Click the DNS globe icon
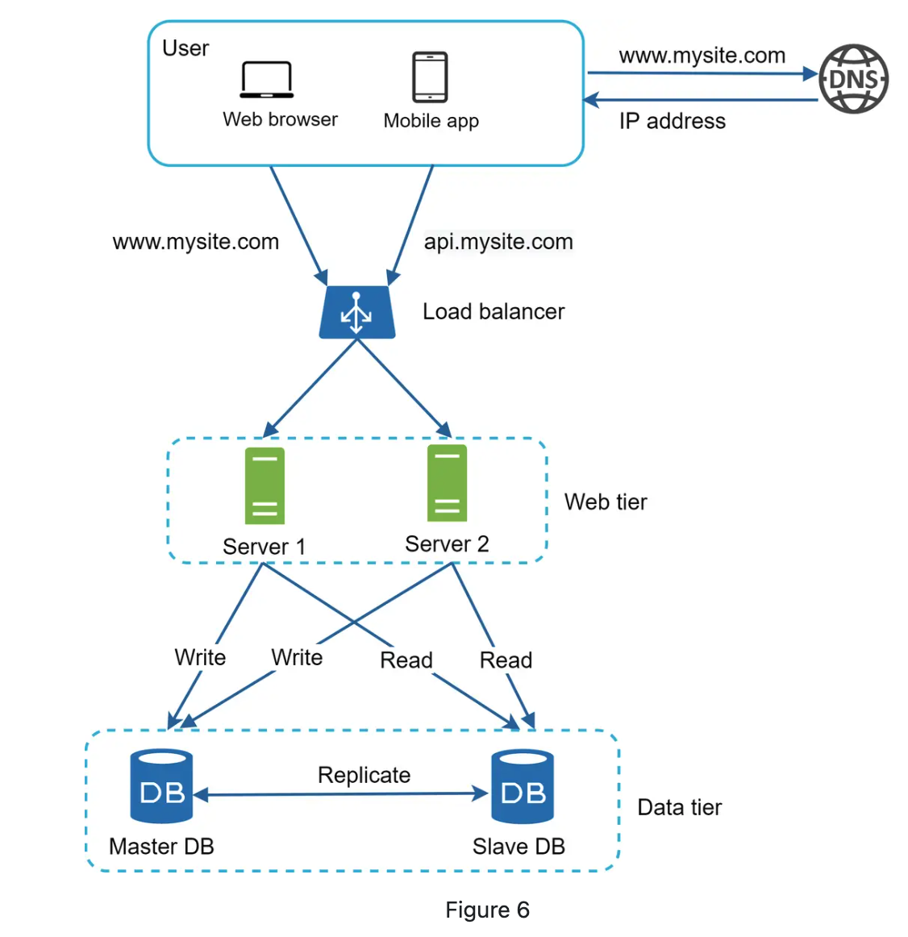click(x=854, y=79)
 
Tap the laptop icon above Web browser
click(x=266, y=80)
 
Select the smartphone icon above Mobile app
click(x=430, y=77)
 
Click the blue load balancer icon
click(x=356, y=312)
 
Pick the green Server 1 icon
click(x=264, y=485)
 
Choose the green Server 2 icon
click(x=447, y=483)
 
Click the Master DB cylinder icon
click(x=162, y=786)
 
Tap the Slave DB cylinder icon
click(x=523, y=786)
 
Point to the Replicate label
click(x=364, y=775)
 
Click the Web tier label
click(x=606, y=502)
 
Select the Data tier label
click(x=679, y=807)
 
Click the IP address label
click(x=672, y=121)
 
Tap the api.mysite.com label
click(x=498, y=241)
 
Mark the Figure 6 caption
click(x=487, y=910)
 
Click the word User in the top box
click(x=185, y=48)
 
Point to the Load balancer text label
click(x=494, y=311)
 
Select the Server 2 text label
click(x=447, y=544)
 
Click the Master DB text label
click(x=161, y=846)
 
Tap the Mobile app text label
click(x=431, y=121)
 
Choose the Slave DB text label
click(x=519, y=846)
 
